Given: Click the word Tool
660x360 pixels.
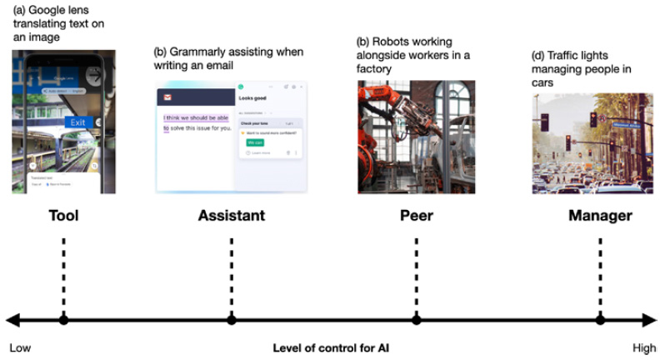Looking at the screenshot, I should coord(63,216).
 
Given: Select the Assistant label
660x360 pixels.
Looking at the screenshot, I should coord(231,216).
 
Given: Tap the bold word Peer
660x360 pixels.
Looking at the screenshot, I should coord(416,216).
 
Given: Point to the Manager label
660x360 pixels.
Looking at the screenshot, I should coord(600,216).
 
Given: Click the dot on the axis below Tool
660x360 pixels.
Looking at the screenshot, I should coord(63,319).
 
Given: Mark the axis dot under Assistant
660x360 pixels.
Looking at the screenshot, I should coord(231,319).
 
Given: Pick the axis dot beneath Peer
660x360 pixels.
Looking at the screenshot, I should coord(416,319).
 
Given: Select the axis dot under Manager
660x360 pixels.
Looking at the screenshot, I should coord(600,319).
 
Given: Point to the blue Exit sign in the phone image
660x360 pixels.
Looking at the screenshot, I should coord(77,122).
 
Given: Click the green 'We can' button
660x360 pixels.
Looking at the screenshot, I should coord(256,142).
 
